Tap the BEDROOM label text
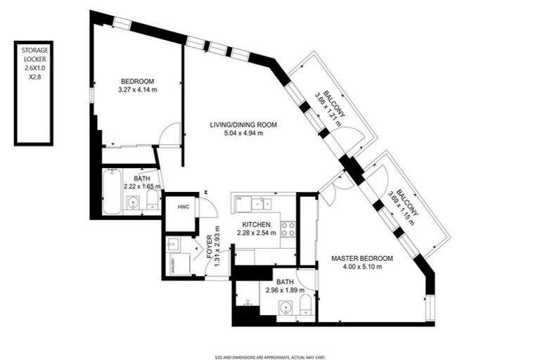pos(137,81)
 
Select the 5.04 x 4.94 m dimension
pos(243,133)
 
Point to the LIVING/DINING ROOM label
pos(243,124)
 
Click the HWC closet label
pos(183,207)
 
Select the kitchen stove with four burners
pos(288,228)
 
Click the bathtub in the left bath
pos(111,192)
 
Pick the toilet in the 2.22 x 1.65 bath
pos(153,201)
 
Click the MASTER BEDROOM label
pos(361,259)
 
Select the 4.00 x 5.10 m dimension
pos(361,267)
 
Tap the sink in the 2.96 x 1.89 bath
pos(285,308)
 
